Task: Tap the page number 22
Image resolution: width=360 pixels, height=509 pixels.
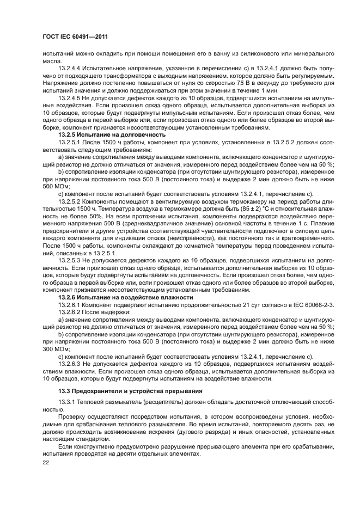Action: pyautogui.click(x=46, y=462)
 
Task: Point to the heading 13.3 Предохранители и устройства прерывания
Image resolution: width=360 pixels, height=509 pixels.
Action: pyautogui.click(x=131, y=391)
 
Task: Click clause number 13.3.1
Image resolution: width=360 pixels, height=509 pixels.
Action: pyautogui.click(x=68, y=402)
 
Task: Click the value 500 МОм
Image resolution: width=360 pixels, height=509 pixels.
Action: pyautogui.click(x=53, y=185)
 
